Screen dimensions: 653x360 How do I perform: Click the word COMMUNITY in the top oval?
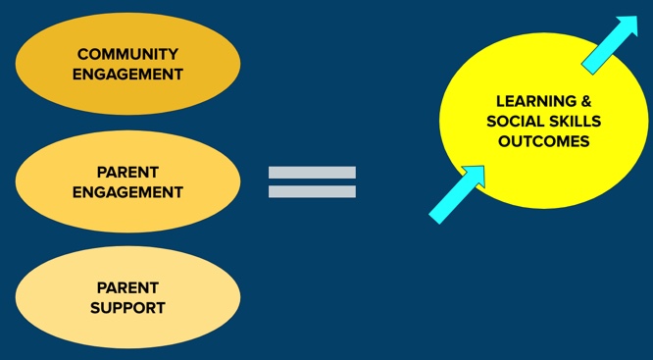(x=127, y=54)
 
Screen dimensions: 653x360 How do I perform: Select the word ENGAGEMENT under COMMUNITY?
(x=127, y=74)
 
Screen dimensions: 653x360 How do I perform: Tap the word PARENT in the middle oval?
(x=127, y=172)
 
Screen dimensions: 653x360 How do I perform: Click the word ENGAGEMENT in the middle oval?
(x=127, y=192)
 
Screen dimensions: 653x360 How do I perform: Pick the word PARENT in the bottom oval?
(x=127, y=287)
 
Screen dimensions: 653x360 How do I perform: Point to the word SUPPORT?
(x=127, y=308)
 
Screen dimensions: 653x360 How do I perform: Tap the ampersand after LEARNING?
(x=584, y=100)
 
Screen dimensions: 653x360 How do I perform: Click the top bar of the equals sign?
(x=312, y=173)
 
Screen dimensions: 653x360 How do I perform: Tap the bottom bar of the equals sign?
(x=312, y=192)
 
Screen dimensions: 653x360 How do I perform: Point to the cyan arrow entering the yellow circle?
(x=456, y=195)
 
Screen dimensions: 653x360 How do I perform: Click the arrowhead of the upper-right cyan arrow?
(x=628, y=27)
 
